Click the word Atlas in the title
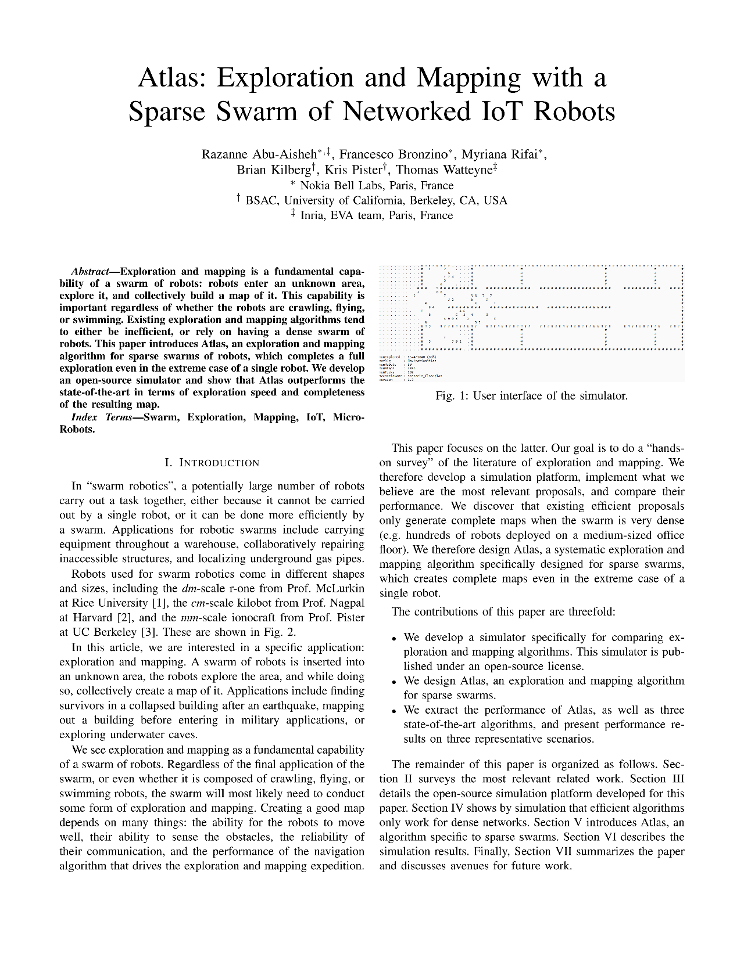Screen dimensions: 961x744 click(172, 78)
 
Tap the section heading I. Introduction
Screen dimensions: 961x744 click(212, 463)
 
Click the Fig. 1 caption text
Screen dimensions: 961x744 click(531, 396)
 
